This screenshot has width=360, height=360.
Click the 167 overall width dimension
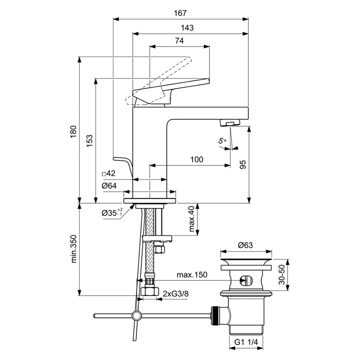[180, 13]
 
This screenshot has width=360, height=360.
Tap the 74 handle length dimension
[179, 41]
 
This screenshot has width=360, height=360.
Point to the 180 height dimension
[73, 130]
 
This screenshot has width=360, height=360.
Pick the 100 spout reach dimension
[197, 159]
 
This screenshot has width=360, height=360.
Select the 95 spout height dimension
[243, 164]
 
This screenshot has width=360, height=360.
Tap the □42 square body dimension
[109, 173]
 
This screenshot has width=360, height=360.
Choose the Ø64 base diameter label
[109, 186]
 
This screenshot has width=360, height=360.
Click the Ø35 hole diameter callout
[112, 213]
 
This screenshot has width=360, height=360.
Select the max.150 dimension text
[192, 275]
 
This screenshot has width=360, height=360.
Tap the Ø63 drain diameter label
[245, 245]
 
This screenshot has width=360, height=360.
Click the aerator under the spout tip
[228, 123]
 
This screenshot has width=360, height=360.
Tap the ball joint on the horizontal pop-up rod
[136, 315]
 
